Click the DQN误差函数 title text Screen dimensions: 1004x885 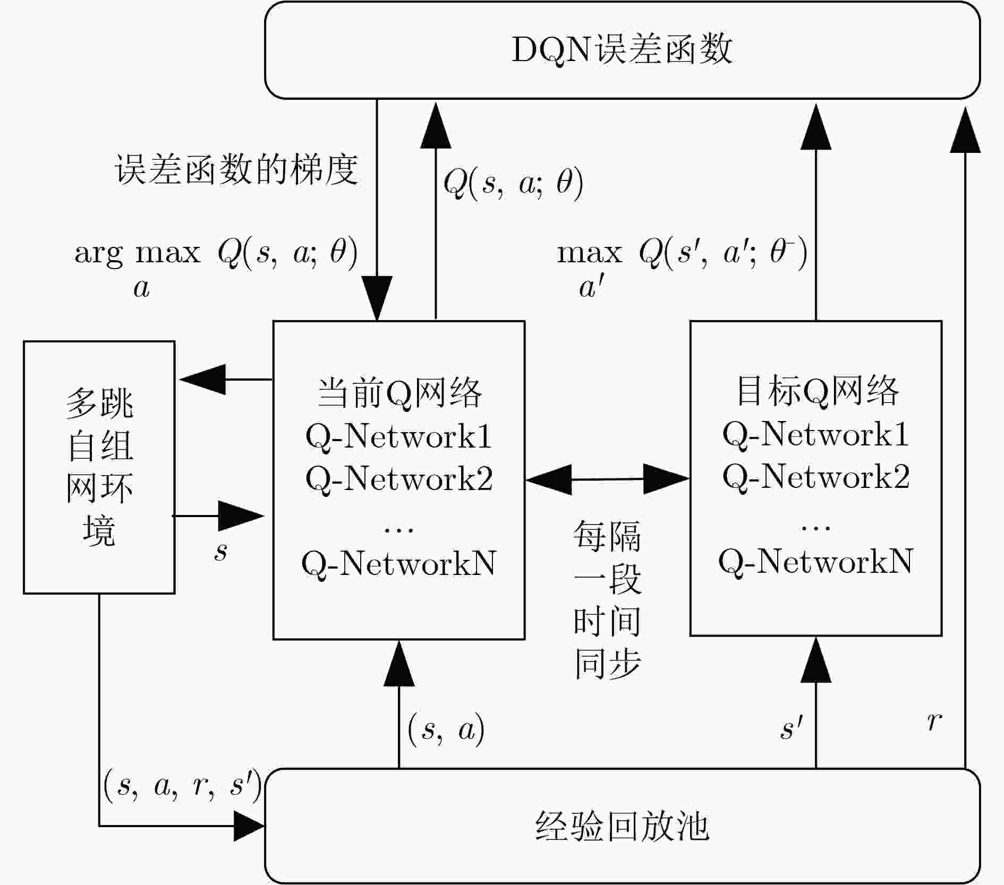(x=622, y=50)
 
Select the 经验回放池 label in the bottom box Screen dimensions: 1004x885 (x=622, y=826)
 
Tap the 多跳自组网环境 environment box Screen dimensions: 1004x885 (x=99, y=467)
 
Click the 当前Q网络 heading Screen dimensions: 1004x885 (x=399, y=393)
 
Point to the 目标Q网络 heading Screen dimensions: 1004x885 (x=817, y=391)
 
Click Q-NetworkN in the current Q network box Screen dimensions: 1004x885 (x=399, y=563)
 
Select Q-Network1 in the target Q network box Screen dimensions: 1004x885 (x=816, y=434)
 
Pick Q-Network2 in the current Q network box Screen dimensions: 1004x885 (x=399, y=478)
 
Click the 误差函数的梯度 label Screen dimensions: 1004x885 (x=236, y=170)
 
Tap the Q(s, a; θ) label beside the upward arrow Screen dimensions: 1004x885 (x=514, y=183)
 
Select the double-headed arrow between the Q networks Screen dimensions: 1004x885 (x=608, y=479)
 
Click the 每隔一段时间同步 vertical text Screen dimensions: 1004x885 (x=608, y=599)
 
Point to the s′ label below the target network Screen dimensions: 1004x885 (x=792, y=727)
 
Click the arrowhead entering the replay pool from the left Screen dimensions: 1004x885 (x=249, y=826)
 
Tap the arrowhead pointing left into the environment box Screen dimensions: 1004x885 (x=202, y=379)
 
